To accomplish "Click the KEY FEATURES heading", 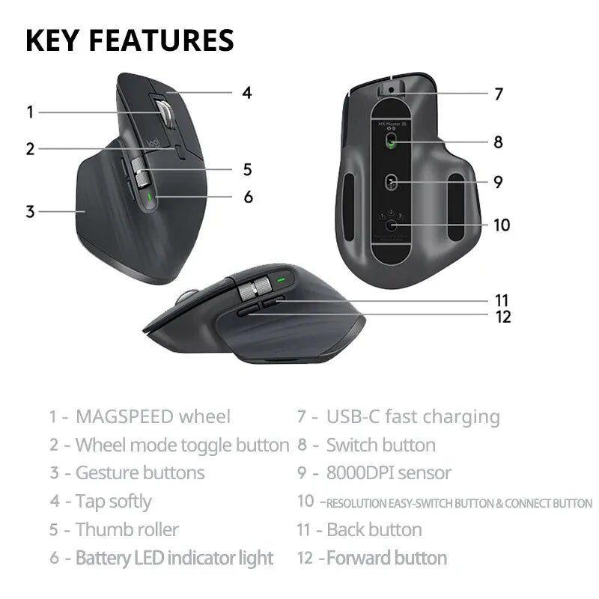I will coord(130,40).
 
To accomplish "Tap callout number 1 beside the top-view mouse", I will coord(30,112).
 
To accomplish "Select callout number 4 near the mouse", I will coord(246,93).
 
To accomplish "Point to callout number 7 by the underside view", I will coord(499,94).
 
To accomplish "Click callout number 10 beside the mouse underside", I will coord(501,224).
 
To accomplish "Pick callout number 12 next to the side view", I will coord(503,316).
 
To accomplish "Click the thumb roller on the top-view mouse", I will coord(140,173).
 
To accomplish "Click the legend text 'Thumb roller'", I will coord(127,529).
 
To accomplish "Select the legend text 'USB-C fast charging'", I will coord(413,417).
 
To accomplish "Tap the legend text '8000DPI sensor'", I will coord(389,473).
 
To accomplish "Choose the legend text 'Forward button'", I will coord(386,558).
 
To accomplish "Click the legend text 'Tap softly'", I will coord(113,502).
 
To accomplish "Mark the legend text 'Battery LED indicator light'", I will coord(174,558).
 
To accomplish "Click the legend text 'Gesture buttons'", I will coord(139,473).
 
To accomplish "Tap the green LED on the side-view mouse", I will coord(282,282).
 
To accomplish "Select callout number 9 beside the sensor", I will coord(498,181).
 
